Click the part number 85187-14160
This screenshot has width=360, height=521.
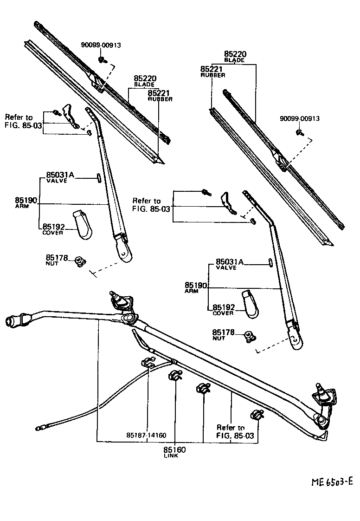(146, 435)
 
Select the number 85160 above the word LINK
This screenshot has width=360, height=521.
(174, 449)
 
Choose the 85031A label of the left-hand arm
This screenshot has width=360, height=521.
(60, 175)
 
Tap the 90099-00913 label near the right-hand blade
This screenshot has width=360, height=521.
(299, 119)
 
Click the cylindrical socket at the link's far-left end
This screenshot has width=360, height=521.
(13, 321)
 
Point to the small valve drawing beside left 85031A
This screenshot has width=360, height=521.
(99, 177)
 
